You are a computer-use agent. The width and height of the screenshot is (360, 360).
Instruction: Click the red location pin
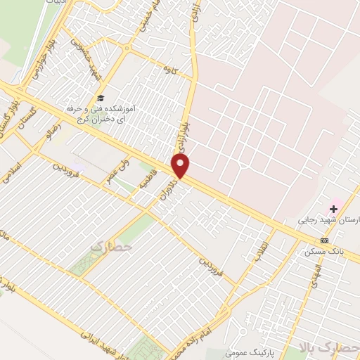click(x=181, y=167)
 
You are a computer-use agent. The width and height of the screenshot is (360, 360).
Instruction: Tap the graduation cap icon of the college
click(x=100, y=98)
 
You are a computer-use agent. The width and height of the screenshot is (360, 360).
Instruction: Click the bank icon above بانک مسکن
click(x=324, y=240)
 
